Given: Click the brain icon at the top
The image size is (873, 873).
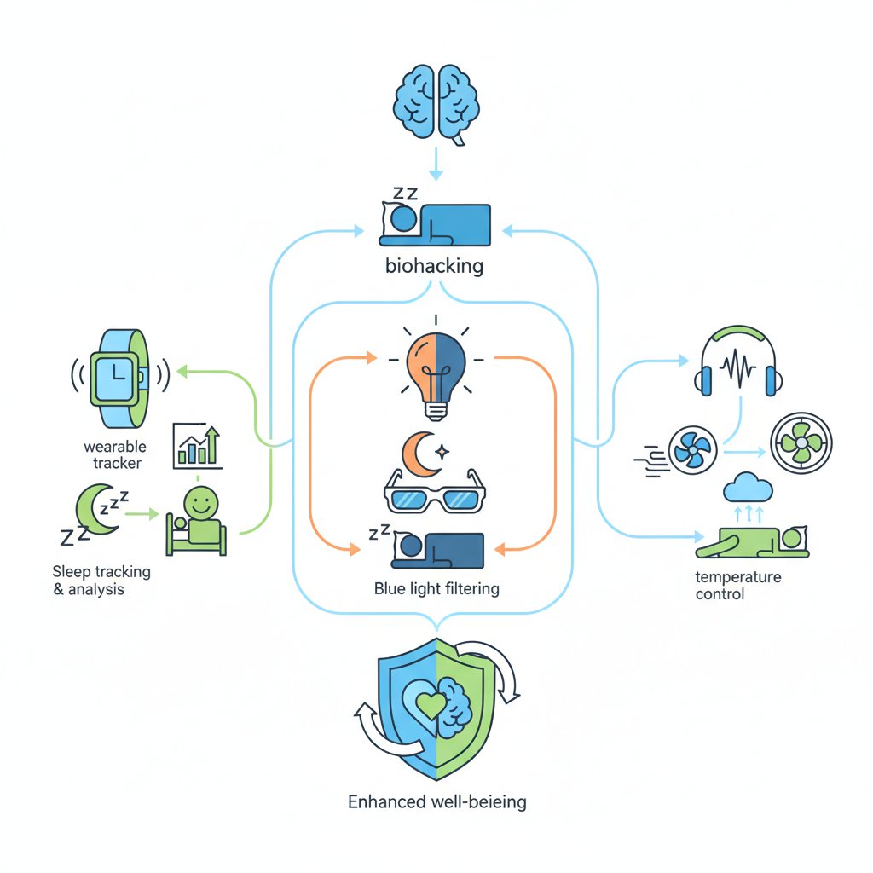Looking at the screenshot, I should [x=436, y=101].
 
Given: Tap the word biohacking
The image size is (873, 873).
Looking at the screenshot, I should [x=434, y=266].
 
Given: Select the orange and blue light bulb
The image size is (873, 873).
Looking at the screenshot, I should [x=436, y=373].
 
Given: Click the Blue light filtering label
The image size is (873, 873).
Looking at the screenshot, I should [x=436, y=588].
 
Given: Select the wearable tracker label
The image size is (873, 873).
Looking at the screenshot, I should [x=115, y=454].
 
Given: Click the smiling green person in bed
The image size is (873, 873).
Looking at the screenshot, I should [x=199, y=520].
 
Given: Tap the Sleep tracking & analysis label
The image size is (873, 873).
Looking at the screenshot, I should [x=101, y=580].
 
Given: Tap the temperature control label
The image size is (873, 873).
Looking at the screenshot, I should [x=737, y=586].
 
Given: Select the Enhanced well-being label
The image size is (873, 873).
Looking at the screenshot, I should [x=437, y=801].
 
